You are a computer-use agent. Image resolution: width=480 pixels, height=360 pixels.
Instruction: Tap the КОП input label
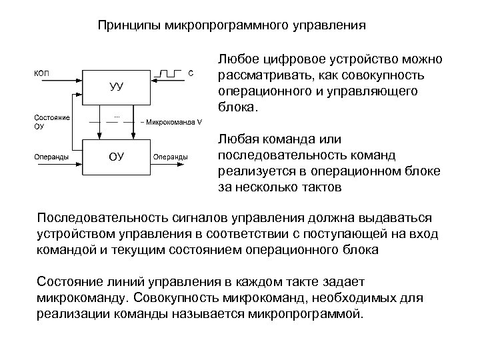(x=42, y=73)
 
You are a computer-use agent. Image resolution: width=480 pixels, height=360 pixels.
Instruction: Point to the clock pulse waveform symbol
(x=170, y=72)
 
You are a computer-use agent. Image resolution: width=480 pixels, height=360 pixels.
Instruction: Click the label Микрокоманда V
(x=174, y=122)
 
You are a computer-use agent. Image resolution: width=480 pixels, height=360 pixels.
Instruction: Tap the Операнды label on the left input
(x=49, y=157)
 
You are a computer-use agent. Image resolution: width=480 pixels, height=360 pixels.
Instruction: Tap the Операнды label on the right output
(x=171, y=157)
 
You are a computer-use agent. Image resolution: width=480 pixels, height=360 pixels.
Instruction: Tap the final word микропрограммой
(x=313, y=313)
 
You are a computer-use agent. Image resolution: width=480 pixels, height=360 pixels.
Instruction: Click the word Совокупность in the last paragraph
(x=171, y=297)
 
